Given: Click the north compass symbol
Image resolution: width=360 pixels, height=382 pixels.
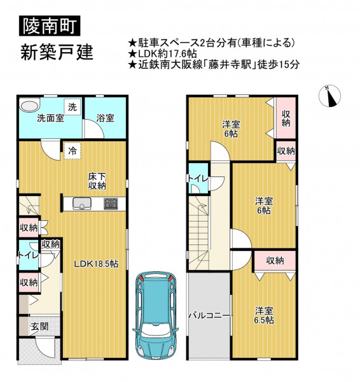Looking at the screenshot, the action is coord(329,96).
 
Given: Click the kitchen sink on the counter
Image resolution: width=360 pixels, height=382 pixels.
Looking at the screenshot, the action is coord(82,204).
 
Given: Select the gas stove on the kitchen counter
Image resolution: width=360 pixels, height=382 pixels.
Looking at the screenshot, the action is coord(111,204).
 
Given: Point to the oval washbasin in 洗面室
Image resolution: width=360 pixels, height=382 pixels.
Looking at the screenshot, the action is coord(30,106).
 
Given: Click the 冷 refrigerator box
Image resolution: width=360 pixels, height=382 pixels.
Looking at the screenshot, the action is coord(72,151).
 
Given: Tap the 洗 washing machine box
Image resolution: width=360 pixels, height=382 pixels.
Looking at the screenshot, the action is coord(73,107).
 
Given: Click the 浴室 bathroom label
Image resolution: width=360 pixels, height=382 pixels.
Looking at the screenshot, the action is coord(105,118).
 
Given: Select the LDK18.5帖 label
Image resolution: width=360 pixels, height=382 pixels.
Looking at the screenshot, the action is coord(96,264).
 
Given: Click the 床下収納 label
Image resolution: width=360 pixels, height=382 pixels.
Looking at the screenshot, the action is coord(97,181).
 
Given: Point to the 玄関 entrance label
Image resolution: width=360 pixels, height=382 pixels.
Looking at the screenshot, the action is coord(39,326).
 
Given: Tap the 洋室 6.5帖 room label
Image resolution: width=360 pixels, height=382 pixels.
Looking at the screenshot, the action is coord(264,316).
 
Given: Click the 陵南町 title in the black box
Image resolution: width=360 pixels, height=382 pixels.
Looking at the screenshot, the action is coord(50,25).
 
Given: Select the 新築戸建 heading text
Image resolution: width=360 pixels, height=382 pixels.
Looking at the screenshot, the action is coord(57,52).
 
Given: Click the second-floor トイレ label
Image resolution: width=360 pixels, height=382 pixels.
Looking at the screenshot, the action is coord(198,179).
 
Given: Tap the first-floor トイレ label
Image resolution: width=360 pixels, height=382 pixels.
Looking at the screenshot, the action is coord(29,255).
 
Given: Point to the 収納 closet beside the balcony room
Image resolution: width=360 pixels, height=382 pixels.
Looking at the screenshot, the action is coord(275,260).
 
